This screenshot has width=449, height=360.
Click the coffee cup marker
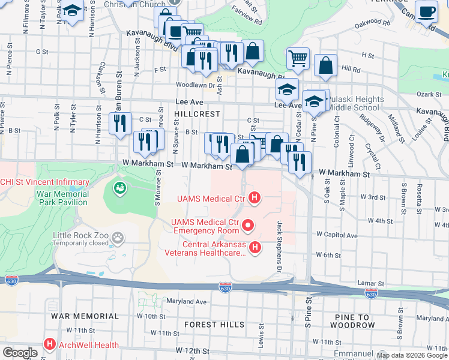coord(426,12)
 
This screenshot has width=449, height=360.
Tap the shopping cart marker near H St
coord(298,59)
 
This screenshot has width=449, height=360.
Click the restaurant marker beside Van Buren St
coord(120,123)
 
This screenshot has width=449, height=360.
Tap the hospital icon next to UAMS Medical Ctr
coord(255,197)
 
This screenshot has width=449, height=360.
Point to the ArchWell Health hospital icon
coord(50,345)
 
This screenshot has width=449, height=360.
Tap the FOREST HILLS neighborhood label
coord(211,325)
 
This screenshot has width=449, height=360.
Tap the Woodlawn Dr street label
coord(195,85)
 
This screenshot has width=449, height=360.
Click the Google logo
coord(20,353)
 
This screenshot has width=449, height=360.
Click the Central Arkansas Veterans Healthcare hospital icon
coord(255,247)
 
